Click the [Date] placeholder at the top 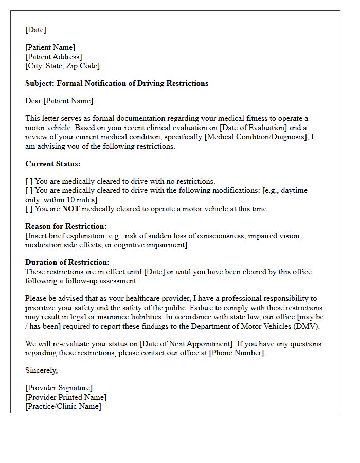(x=35, y=30)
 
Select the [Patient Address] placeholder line (x=53, y=57)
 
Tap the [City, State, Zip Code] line (x=62, y=66)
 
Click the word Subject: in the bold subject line (x=40, y=83)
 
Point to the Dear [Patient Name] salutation (x=60, y=101)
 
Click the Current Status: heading (x=53, y=164)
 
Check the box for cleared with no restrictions (x=29, y=181)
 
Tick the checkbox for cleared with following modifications (x=29, y=190)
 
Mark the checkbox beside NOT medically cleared (x=29, y=209)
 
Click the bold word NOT (x=71, y=209)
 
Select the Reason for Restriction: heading (x=66, y=226)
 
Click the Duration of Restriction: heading (x=67, y=262)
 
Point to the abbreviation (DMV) (x=307, y=326)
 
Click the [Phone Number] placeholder (x=237, y=353)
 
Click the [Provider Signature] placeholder (x=59, y=388)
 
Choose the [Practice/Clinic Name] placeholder (x=63, y=406)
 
